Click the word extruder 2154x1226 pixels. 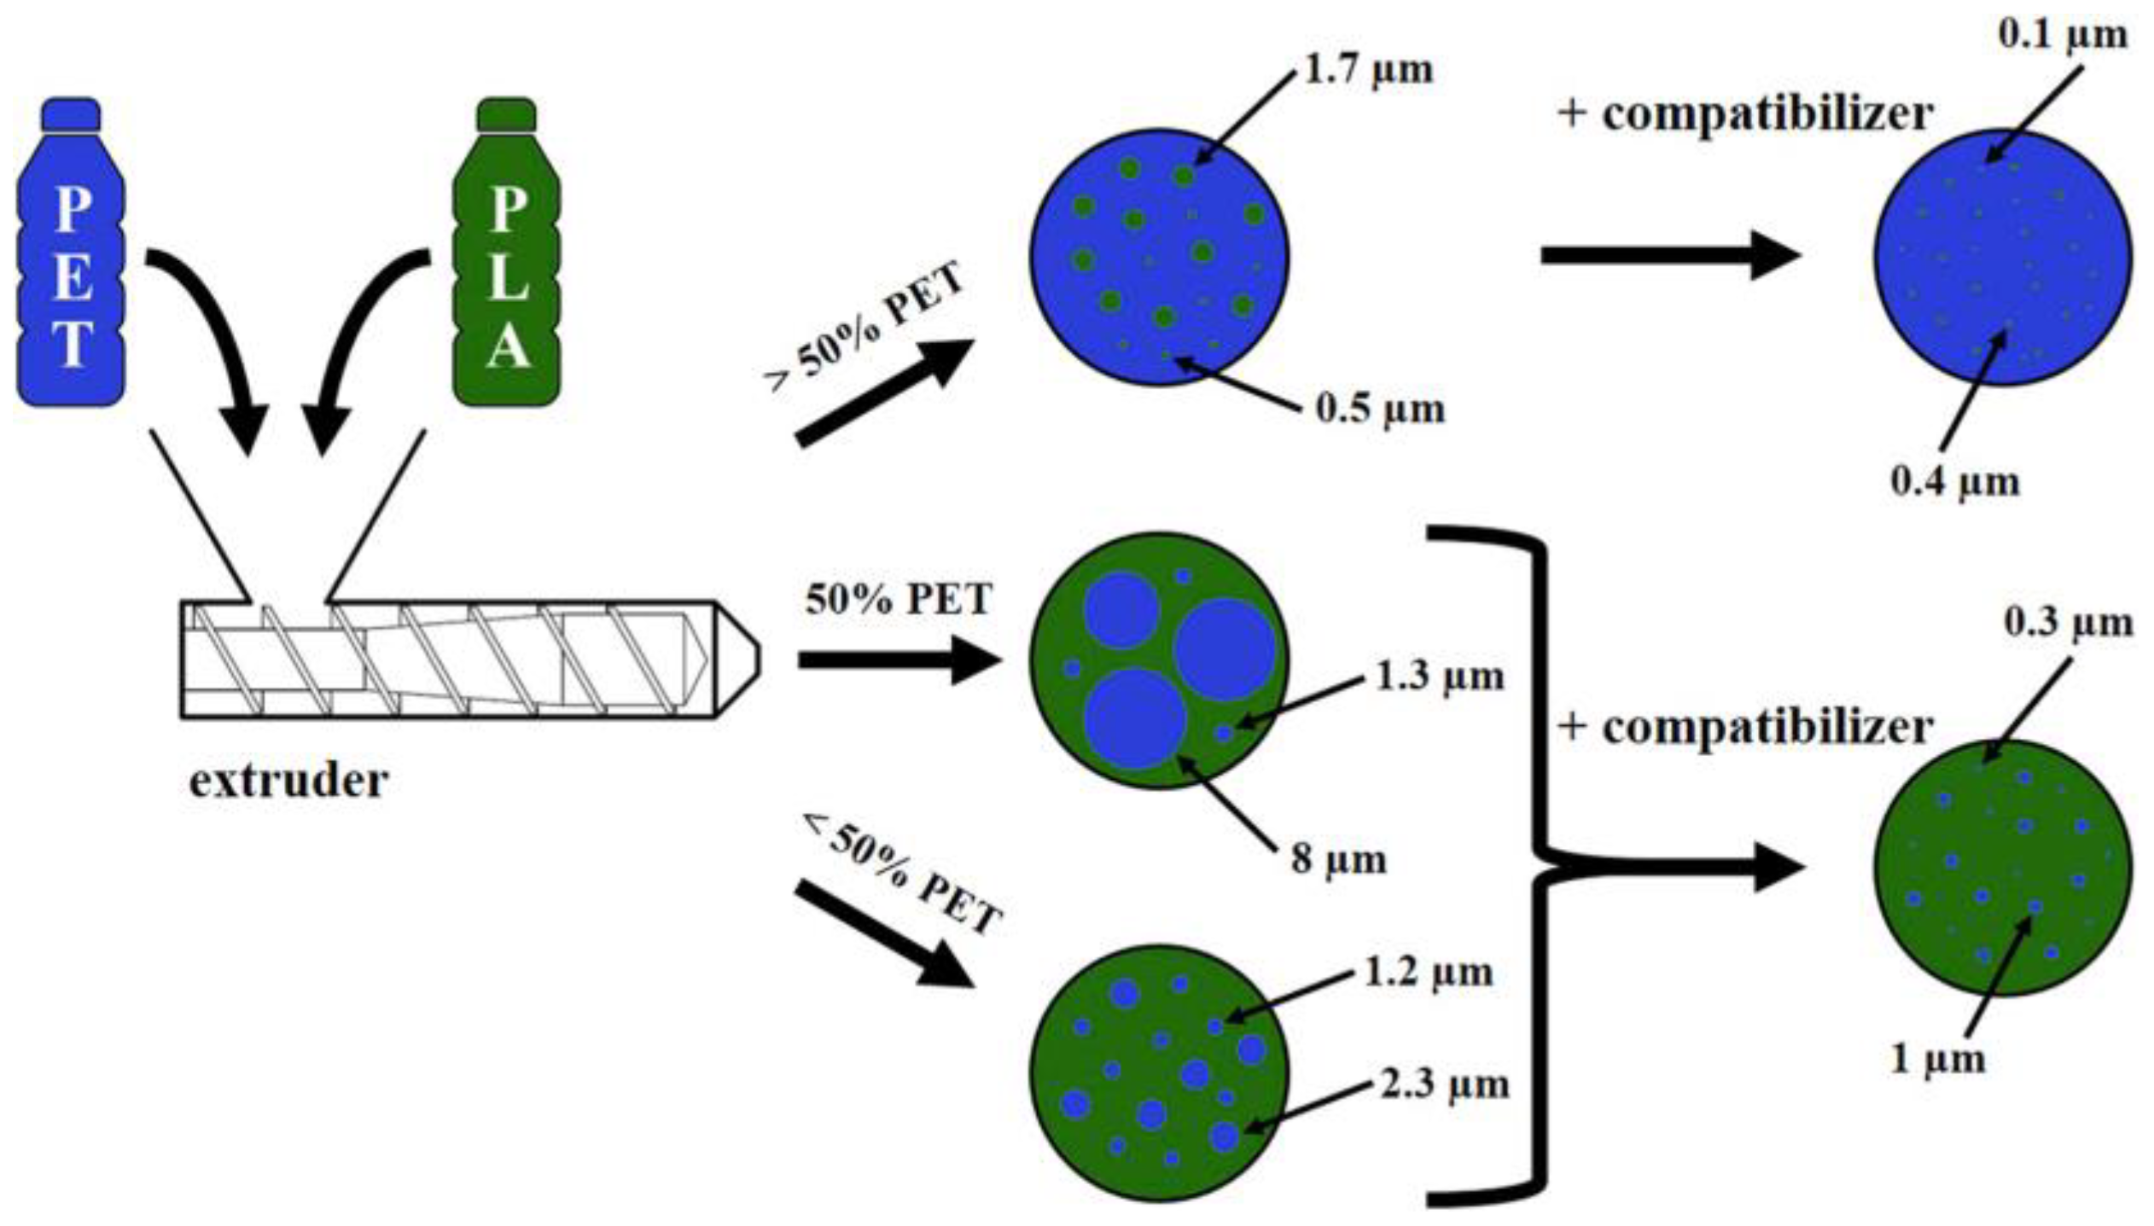point(288,780)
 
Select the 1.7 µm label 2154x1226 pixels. point(1369,70)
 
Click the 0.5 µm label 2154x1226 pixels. point(1380,409)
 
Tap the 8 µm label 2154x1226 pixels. point(1338,857)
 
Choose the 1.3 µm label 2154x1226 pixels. point(1439,677)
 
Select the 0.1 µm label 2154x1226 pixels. point(2063,36)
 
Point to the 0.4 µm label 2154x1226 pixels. point(1955,481)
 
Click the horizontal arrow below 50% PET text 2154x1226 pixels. point(896,659)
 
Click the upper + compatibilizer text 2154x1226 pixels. point(1745,113)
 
